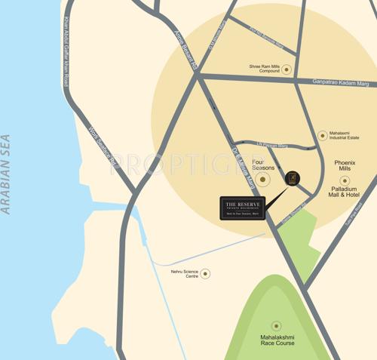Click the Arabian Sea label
point(7,174)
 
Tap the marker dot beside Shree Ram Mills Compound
point(287,69)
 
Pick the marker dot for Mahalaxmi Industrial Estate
point(323,136)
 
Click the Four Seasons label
point(262,165)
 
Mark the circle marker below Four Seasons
point(262,180)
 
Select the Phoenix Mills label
point(345,165)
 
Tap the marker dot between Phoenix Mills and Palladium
point(345,180)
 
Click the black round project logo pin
point(293,178)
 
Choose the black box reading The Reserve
point(243,208)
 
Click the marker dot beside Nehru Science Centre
point(205,273)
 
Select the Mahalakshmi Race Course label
point(277,340)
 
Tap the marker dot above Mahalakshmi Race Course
point(277,326)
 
